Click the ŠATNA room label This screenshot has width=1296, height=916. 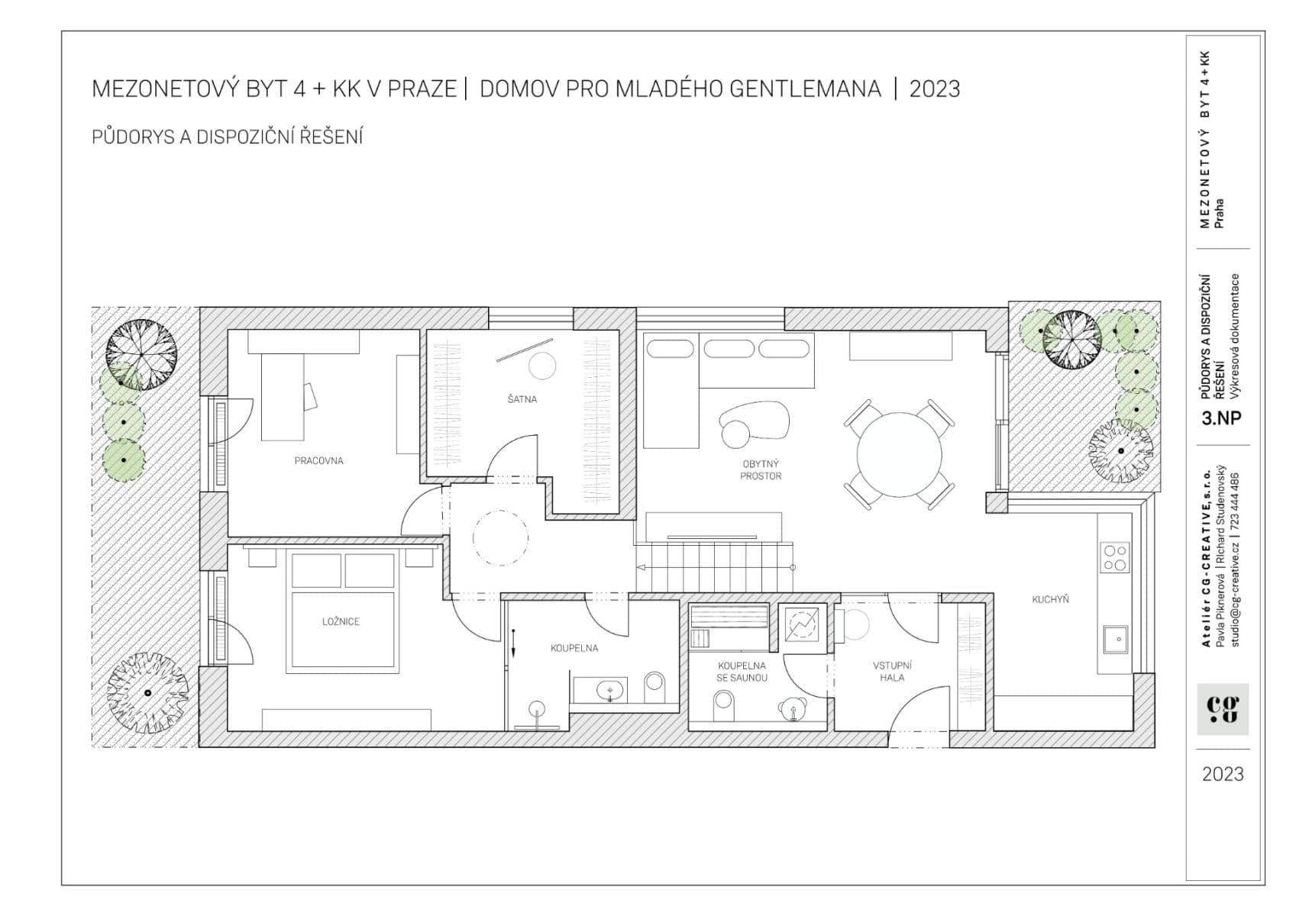[522, 399]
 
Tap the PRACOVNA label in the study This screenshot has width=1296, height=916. [318, 461]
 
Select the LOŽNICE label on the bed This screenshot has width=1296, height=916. [341, 622]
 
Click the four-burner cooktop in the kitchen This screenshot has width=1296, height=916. [1115, 556]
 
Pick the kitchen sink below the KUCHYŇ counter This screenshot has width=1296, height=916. [1115, 639]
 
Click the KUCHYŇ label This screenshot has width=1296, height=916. [1050, 600]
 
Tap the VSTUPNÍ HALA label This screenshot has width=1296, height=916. [891, 671]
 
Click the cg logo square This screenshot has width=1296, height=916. [1222, 709]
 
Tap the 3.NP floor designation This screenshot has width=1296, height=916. [1221, 418]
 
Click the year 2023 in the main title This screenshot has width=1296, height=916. [934, 89]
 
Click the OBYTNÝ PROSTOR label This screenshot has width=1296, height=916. [761, 469]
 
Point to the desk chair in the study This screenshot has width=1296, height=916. [311, 395]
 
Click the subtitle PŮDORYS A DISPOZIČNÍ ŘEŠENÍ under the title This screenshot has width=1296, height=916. [227, 137]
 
